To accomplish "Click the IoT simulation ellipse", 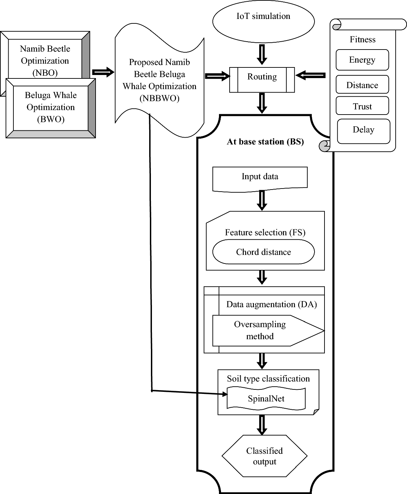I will pos(263,21).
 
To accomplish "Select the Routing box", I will pos(262,80).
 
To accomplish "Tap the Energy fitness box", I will pos(362,60).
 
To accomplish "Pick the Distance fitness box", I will pos(362,85).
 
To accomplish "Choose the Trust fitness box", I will pos(362,106).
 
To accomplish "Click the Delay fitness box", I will pos(363,131).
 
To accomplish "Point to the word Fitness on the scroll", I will pos(362,40).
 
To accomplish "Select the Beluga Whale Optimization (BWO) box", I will pos(51,108).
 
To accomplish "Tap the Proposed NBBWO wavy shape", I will pos(159,81).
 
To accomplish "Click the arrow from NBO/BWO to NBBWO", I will pos(103,72).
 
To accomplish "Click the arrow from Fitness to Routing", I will pos(310,75).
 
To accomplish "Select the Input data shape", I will pos(260,178).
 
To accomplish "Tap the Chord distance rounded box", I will pos(263,252).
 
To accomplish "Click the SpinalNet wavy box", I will pos(266,398).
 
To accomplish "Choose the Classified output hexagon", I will pos(264,456).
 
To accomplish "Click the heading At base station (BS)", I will pos(265,142).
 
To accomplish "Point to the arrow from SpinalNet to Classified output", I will pos(262,425).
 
